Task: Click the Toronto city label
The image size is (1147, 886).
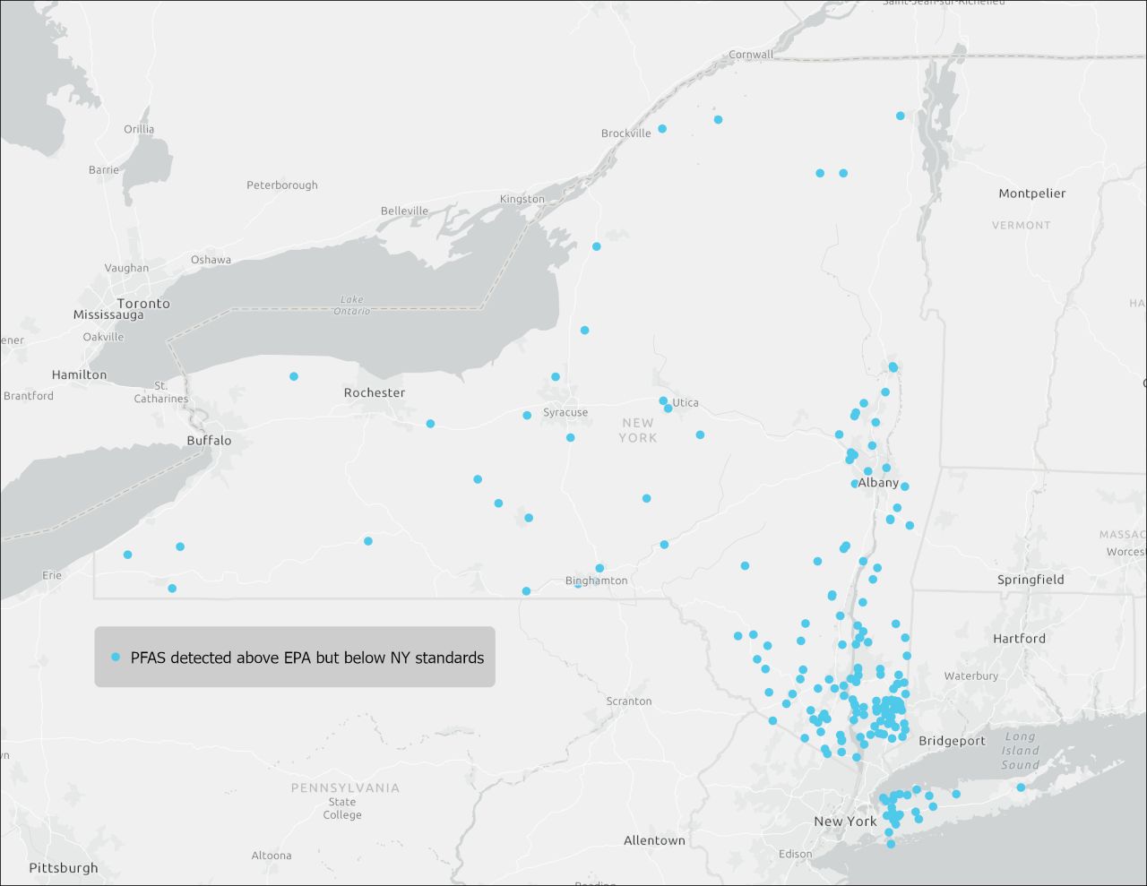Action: [143, 304]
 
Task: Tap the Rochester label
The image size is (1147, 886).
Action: [375, 393]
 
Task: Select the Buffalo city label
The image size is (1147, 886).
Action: [209, 441]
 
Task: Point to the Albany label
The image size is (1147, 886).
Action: [878, 483]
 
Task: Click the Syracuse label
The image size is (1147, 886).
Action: [565, 413]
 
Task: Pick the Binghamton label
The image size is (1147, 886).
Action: [597, 581]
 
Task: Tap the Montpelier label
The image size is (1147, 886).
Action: [1032, 194]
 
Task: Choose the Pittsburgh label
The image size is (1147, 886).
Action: [64, 868]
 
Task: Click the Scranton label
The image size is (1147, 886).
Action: [629, 701]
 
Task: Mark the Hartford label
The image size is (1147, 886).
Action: [1019, 639]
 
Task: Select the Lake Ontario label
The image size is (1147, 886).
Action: [352, 305]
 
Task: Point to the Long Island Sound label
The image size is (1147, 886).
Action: [1020, 751]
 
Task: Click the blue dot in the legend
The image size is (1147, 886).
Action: [116, 658]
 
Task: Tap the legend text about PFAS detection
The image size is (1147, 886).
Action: [307, 658]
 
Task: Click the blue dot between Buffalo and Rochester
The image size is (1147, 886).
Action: [294, 376]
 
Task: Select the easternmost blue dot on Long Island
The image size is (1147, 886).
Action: [1021, 787]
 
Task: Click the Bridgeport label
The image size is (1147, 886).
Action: [952, 741]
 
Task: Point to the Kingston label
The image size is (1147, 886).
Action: [522, 199]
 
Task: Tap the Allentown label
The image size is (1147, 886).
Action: [654, 840]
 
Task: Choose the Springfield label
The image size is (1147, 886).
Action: [1031, 580]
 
